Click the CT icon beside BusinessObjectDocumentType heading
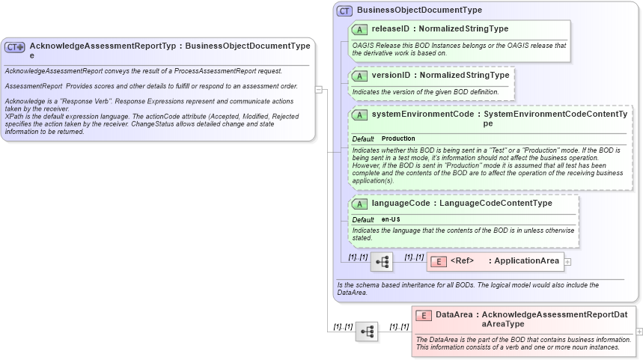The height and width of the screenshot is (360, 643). click(x=344, y=10)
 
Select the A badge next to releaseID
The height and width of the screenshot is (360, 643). click(x=359, y=29)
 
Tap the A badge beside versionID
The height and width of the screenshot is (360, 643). click(x=359, y=76)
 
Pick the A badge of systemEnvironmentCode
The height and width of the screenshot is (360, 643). click(x=359, y=115)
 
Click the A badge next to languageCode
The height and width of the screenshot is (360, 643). click(x=359, y=204)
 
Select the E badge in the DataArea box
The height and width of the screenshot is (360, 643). click(x=423, y=315)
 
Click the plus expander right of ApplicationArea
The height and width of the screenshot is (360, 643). click(x=567, y=261)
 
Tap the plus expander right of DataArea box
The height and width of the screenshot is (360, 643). click(x=639, y=331)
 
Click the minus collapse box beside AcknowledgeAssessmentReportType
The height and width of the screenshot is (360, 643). click(x=319, y=89)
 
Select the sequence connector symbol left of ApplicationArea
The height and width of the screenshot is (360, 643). click(x=382, y=261)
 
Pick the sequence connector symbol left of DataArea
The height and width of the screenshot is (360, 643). click(x=367, y=331)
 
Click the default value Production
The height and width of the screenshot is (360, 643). click(x=398, y=138)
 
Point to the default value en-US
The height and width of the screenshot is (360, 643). click(x=391, y=219)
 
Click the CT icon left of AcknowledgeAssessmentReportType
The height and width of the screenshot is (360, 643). click(x=15, y=46)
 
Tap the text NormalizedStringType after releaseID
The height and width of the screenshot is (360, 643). click(x=463, y=29)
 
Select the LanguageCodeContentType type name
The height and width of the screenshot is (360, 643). click(x=496, y=204)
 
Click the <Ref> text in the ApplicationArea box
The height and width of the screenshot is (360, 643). click(x=463, y=261)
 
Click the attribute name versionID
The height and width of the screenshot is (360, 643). click(x=390, y=76)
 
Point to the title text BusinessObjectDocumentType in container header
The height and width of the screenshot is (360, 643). click(x=419, y=10)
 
